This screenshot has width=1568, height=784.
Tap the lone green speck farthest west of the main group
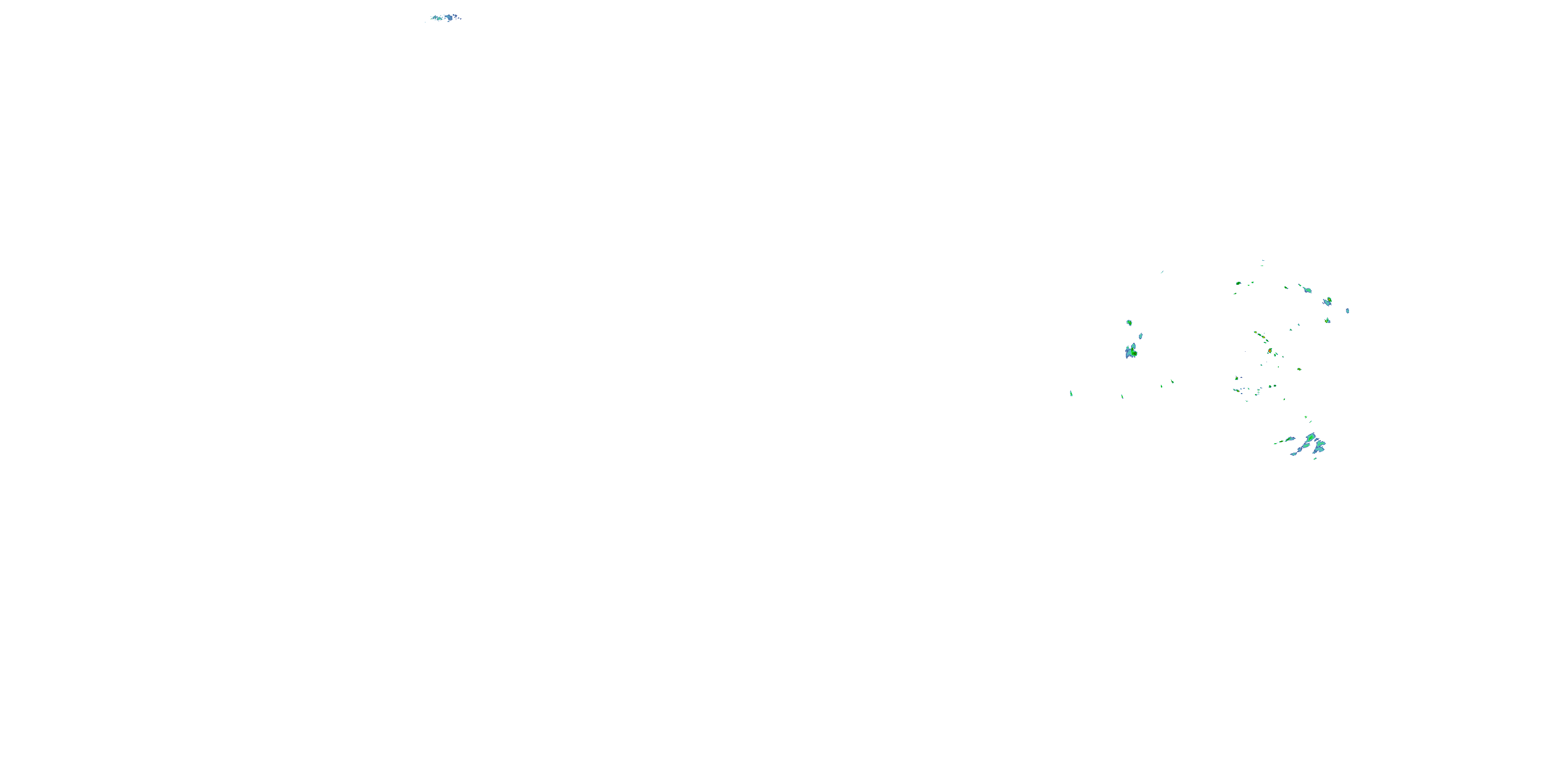1071,394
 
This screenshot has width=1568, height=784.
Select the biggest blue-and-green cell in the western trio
1131,351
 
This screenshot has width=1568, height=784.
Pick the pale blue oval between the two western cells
1140,336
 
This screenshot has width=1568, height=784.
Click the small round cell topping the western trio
1128,322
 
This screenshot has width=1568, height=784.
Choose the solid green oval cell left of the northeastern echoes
1238,283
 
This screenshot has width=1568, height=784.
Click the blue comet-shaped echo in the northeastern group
1306,289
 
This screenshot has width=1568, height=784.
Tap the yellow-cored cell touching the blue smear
1329,300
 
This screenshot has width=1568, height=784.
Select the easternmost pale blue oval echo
1347,310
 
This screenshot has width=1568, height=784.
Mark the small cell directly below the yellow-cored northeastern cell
1328,320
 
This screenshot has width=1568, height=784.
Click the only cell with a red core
1269,351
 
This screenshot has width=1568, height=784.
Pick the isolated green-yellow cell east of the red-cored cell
1299,369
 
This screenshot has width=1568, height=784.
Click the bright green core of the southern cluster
1310,437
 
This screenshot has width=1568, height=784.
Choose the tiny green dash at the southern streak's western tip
1275,443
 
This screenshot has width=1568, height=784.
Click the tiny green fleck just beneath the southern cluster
1315,458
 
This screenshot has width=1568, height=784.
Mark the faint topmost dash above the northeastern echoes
1262,260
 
